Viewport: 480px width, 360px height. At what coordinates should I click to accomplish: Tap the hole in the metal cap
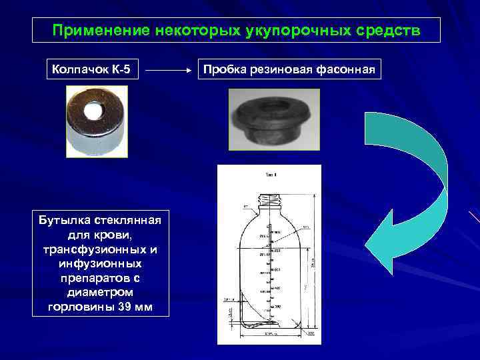[x=94, y=107]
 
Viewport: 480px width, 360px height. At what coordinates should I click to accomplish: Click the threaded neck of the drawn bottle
[x=269, y=198]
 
